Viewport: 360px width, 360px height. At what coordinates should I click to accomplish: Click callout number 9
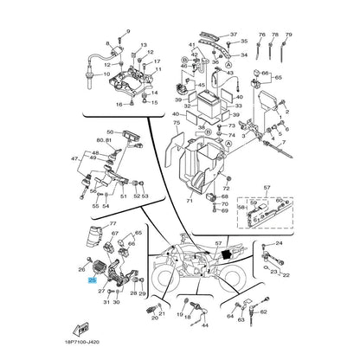[x=126, y=30]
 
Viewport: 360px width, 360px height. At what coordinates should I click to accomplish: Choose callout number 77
[x=113, y=225]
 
